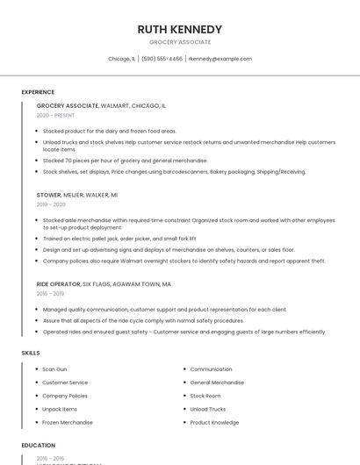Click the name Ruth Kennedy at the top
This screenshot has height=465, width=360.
click(180, 29)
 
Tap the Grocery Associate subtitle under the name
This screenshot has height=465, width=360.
click(180, 42)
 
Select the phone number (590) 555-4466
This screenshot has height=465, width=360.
click(162, 59)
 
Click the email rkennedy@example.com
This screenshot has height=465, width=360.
click(220, 59)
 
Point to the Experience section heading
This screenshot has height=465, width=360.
click(38, 92)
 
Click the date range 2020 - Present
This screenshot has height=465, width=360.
click(55, 115)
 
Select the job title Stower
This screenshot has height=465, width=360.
click(49, 194)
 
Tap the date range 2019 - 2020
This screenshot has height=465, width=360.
click(51, 204)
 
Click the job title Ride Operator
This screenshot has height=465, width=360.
click(58, 284)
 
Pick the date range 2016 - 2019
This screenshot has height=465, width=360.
click(51, 294)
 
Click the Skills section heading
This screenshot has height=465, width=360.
click(31, 353)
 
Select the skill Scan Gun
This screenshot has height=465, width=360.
click(54, 369)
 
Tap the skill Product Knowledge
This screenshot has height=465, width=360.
click(214, 422)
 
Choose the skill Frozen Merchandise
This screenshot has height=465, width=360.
click(68, 422)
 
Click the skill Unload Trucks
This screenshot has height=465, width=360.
click(208, 409)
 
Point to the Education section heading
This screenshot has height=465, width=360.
click(38, 446)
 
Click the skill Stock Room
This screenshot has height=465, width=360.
click(205, 396)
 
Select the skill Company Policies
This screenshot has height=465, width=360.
click(65, 396)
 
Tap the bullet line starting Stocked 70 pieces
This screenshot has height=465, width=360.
click(125, 161)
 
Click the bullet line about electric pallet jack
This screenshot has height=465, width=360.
click(119, 238)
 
